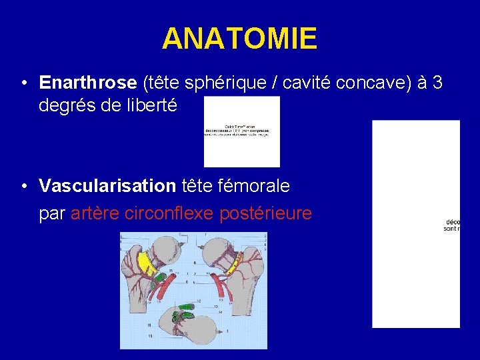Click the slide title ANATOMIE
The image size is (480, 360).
pyautogui.click(x=239, y=39)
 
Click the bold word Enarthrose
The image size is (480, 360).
pyautogui.click(x=88, y=83)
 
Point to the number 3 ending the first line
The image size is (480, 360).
pyautogui.click(x=437, y=83)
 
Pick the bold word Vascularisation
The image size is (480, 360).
pyautogui.click(x=107, y=186)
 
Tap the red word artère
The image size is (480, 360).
pyautogui.click(x=93, y=213)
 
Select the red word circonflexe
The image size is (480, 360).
pyautogui.click(x=167, y=213)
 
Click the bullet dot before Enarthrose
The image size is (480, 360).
pyautogui.click(x=23, y=83)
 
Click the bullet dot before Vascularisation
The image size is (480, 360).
pyautogui.click(x=23, y=187)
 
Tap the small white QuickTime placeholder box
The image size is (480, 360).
pyautogui.click(x=241, y=131)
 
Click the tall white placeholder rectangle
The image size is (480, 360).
pyautogui.click(x=415, y=224)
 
